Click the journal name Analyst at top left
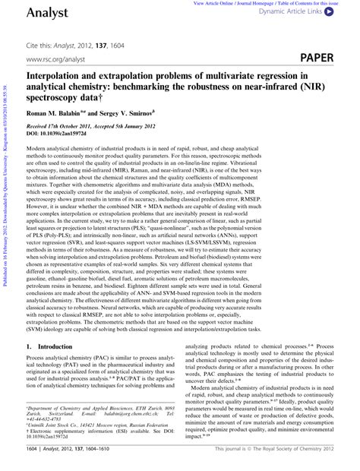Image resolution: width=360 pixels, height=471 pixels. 48,14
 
